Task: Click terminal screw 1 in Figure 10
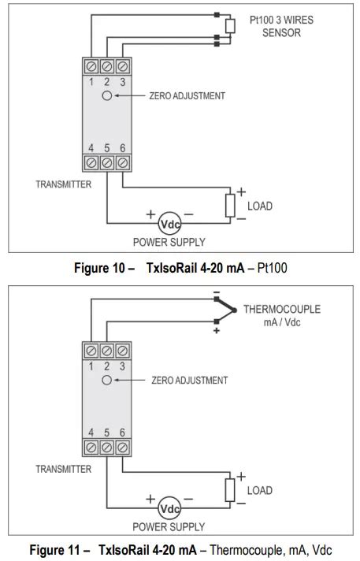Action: pyautogui.click(x=91, y=66)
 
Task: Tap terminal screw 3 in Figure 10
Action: pyautogui.click(x=123, y=66)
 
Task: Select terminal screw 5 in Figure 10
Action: pyautogui.click(x=107, y=163)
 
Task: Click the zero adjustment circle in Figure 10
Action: pyautogui.click(x=107, y=95)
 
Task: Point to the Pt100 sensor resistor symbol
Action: pyautogui.click(x=230, y=26)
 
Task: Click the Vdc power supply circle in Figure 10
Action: pyautogui.click(x=169, y=224)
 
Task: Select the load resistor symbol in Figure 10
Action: pyautogui.click(x=230, y=206)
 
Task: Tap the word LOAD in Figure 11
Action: pyautogui.click(x=260, y=490)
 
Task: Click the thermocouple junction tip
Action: pyautogui.click(x=235, y=310)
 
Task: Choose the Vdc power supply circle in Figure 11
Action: pyautogui.click(x=169, y=508)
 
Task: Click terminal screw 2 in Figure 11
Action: pyautogui.click(x=107, y=351)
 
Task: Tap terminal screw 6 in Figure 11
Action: pyautogui.click(x=123, y=448)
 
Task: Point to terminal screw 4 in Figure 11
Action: pyautogui.click(x=91, y=448)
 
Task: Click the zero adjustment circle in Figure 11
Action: pyautogui.click(x=107, y=380)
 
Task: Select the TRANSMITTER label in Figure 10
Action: pyautogui.click(x=63, y=184)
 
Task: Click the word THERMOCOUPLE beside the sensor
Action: pyautogui.click(x=282, y=309)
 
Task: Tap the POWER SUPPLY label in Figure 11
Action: pyautogui.click(x=169, y=526)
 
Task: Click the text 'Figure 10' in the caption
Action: pyautogui.click(x=99, y=268)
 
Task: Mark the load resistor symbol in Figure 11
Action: pyautogui.click(x=230, y=490)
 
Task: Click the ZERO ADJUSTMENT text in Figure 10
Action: pyautogui.click(x=187, y=96)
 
